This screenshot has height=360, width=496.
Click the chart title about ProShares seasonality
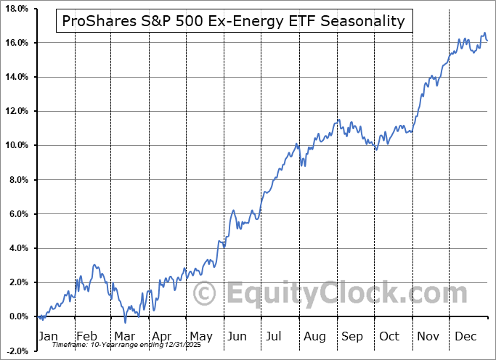tap(234, 21)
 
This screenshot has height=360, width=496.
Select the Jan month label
tap(49, 336)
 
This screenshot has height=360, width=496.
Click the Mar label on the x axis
tap(124, 336)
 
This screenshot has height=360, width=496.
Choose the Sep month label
tap(352, 336)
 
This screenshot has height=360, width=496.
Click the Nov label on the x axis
tap(428, 336)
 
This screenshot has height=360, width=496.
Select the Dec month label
tap(466, 336)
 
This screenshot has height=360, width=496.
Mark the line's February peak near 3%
tap(94, 266)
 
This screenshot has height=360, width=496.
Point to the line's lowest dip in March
tap(125, 322)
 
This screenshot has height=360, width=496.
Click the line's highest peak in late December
tap(484, 33)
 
